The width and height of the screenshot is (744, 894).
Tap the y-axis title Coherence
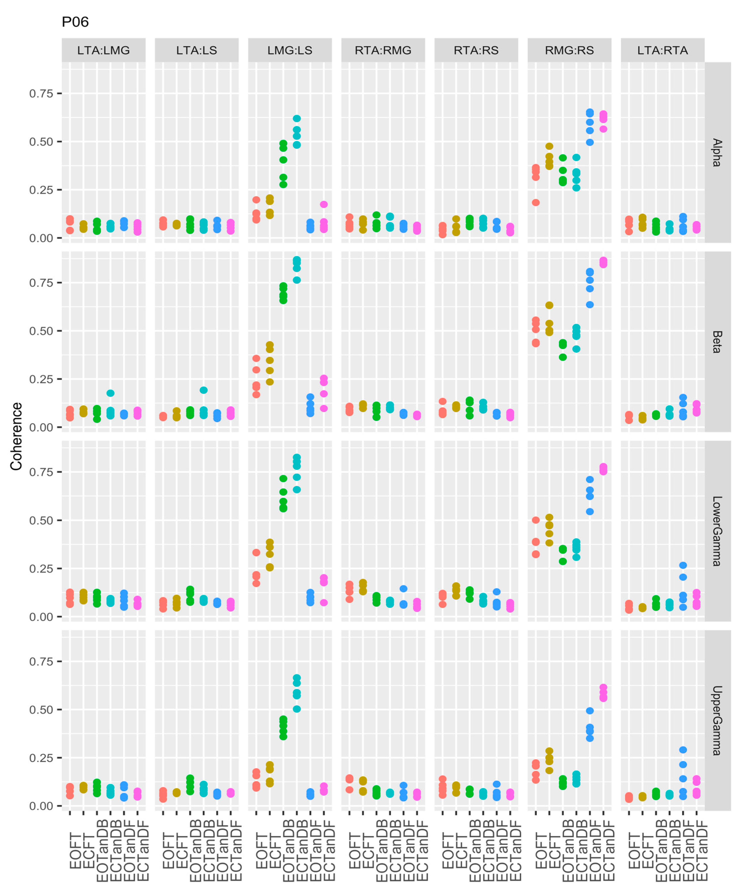[x=16, y=436]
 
